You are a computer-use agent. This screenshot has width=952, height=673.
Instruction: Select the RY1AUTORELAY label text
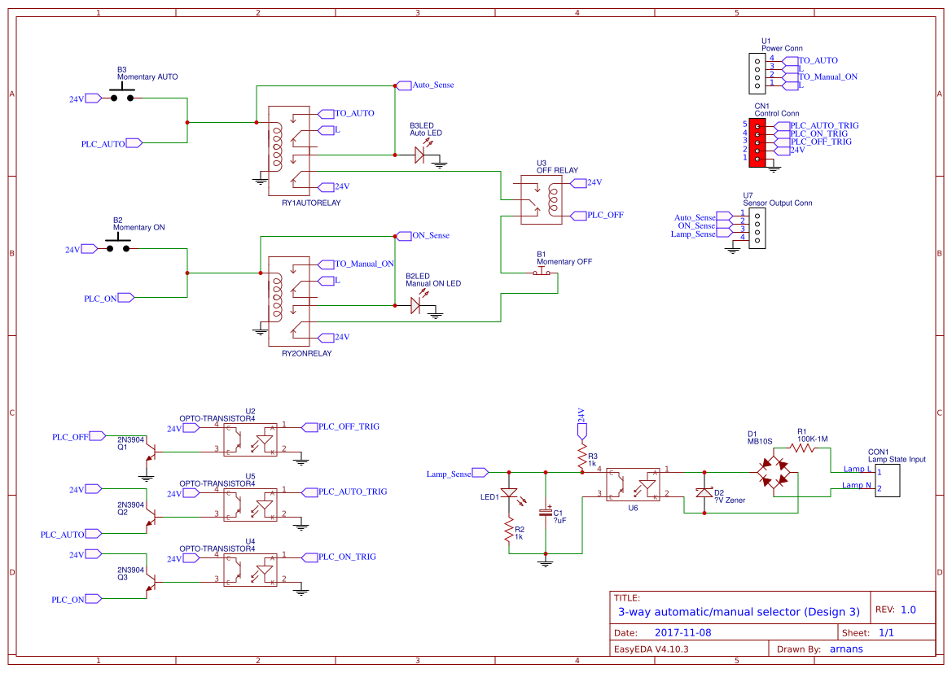(310, 202)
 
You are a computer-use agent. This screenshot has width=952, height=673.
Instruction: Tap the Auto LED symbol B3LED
(421, 154)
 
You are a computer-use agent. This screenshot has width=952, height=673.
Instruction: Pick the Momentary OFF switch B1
(542, 273)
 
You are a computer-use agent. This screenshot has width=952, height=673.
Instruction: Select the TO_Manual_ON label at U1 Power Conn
(827, 76)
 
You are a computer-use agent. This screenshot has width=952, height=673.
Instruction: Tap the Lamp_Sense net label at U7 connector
(693, 234)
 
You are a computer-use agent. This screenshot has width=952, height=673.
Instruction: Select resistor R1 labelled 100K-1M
(802, 448)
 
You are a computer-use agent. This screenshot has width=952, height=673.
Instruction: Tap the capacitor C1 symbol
(546, 513)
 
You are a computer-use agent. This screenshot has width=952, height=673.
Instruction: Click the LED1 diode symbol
(509, 493)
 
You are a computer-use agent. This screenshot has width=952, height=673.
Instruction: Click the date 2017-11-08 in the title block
(683, 632)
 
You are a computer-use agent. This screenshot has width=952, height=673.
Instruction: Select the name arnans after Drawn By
(847, 649)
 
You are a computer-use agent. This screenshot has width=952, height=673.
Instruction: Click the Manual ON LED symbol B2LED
(417, 305)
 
